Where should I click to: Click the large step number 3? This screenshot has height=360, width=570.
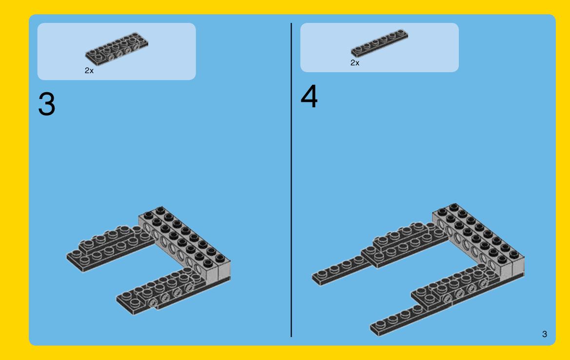[46, 104]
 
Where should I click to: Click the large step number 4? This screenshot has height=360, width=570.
[309, 96]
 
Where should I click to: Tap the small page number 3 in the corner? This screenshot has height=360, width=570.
[544, 334]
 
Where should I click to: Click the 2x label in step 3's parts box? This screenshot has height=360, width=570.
[89, 71]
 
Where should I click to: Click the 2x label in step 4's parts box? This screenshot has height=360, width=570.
[355, 62]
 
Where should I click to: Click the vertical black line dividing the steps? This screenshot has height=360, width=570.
[291, 180]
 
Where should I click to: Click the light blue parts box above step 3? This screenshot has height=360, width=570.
[117, 51]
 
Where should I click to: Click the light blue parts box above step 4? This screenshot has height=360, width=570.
[379, 47]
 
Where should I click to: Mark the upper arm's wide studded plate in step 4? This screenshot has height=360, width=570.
[404, 245]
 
